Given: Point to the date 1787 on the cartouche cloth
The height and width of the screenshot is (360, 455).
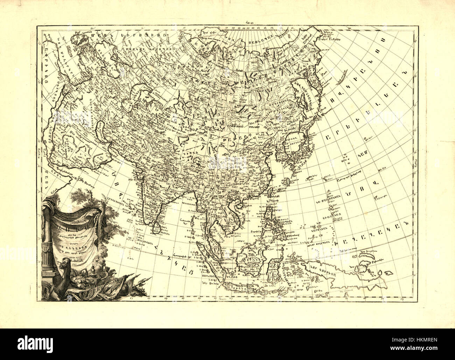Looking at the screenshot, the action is click(74, 265).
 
